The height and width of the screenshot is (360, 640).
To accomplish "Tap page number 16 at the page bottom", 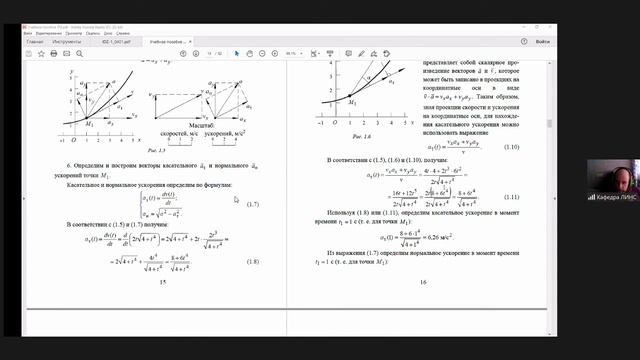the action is pyautogui.click(x=422, y=283).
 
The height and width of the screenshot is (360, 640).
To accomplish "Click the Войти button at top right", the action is pyautogui.click(x=541, y=42).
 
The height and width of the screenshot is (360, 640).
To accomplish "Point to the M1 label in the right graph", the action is pyautogui.click(x=352, y=102).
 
